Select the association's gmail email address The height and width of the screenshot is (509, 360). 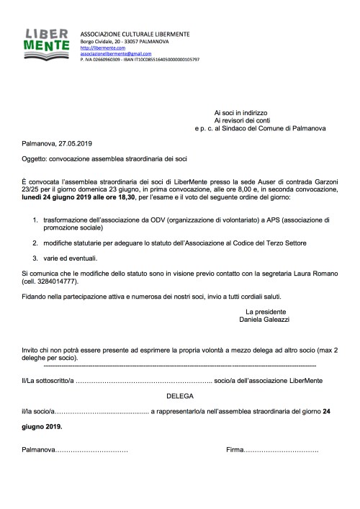(111, 53)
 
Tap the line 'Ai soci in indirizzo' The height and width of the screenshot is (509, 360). (240, 113)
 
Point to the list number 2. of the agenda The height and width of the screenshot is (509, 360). (35, 245)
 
